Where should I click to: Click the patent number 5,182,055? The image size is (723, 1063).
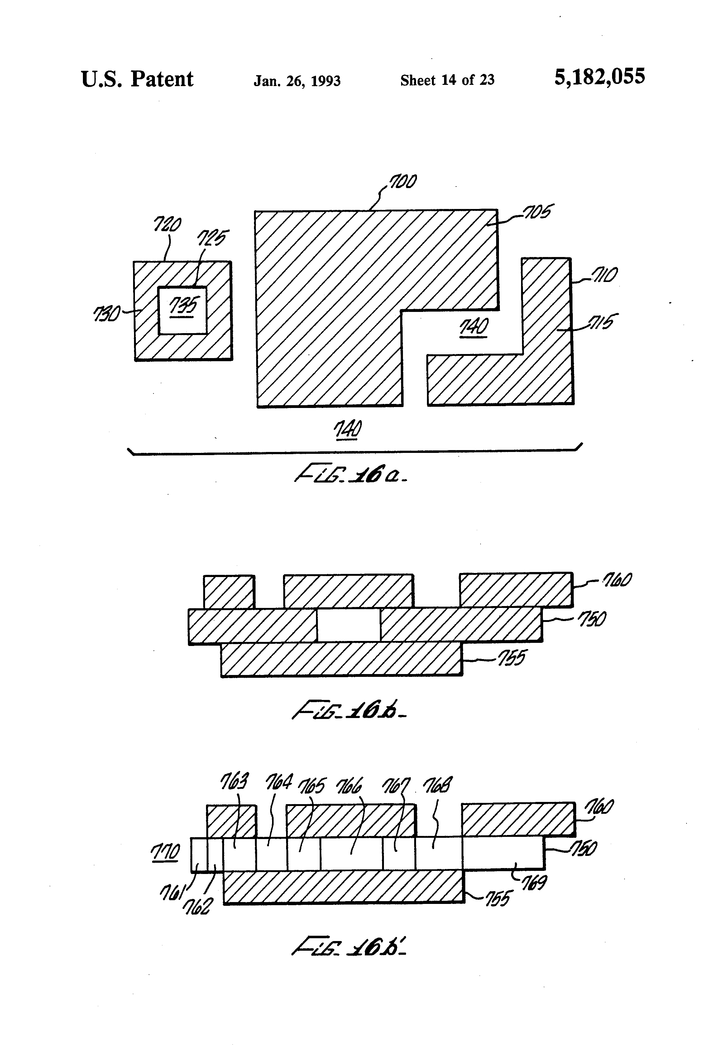click(x=599, y=77)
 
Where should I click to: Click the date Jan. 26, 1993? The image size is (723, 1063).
click(x=297, y=81)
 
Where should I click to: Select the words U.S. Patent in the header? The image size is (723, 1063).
click(x=137, y=79)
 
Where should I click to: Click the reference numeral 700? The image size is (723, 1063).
click(x=402, y=182)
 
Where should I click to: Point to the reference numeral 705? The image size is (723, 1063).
click(x=538, y=212)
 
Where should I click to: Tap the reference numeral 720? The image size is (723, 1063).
click(x=167, y=225)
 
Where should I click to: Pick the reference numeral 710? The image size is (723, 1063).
click(x=604, y=275)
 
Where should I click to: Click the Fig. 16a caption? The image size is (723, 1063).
click(x=351, y=476)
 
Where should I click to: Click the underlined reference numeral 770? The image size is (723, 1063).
click(x=165, y=852)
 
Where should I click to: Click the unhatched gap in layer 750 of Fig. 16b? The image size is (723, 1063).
click(x=348, y=625)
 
